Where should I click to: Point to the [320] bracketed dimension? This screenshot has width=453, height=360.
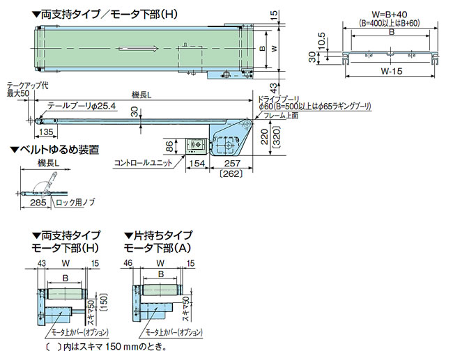coord(275,137)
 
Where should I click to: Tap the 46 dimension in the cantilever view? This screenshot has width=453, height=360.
coord(128,263)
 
